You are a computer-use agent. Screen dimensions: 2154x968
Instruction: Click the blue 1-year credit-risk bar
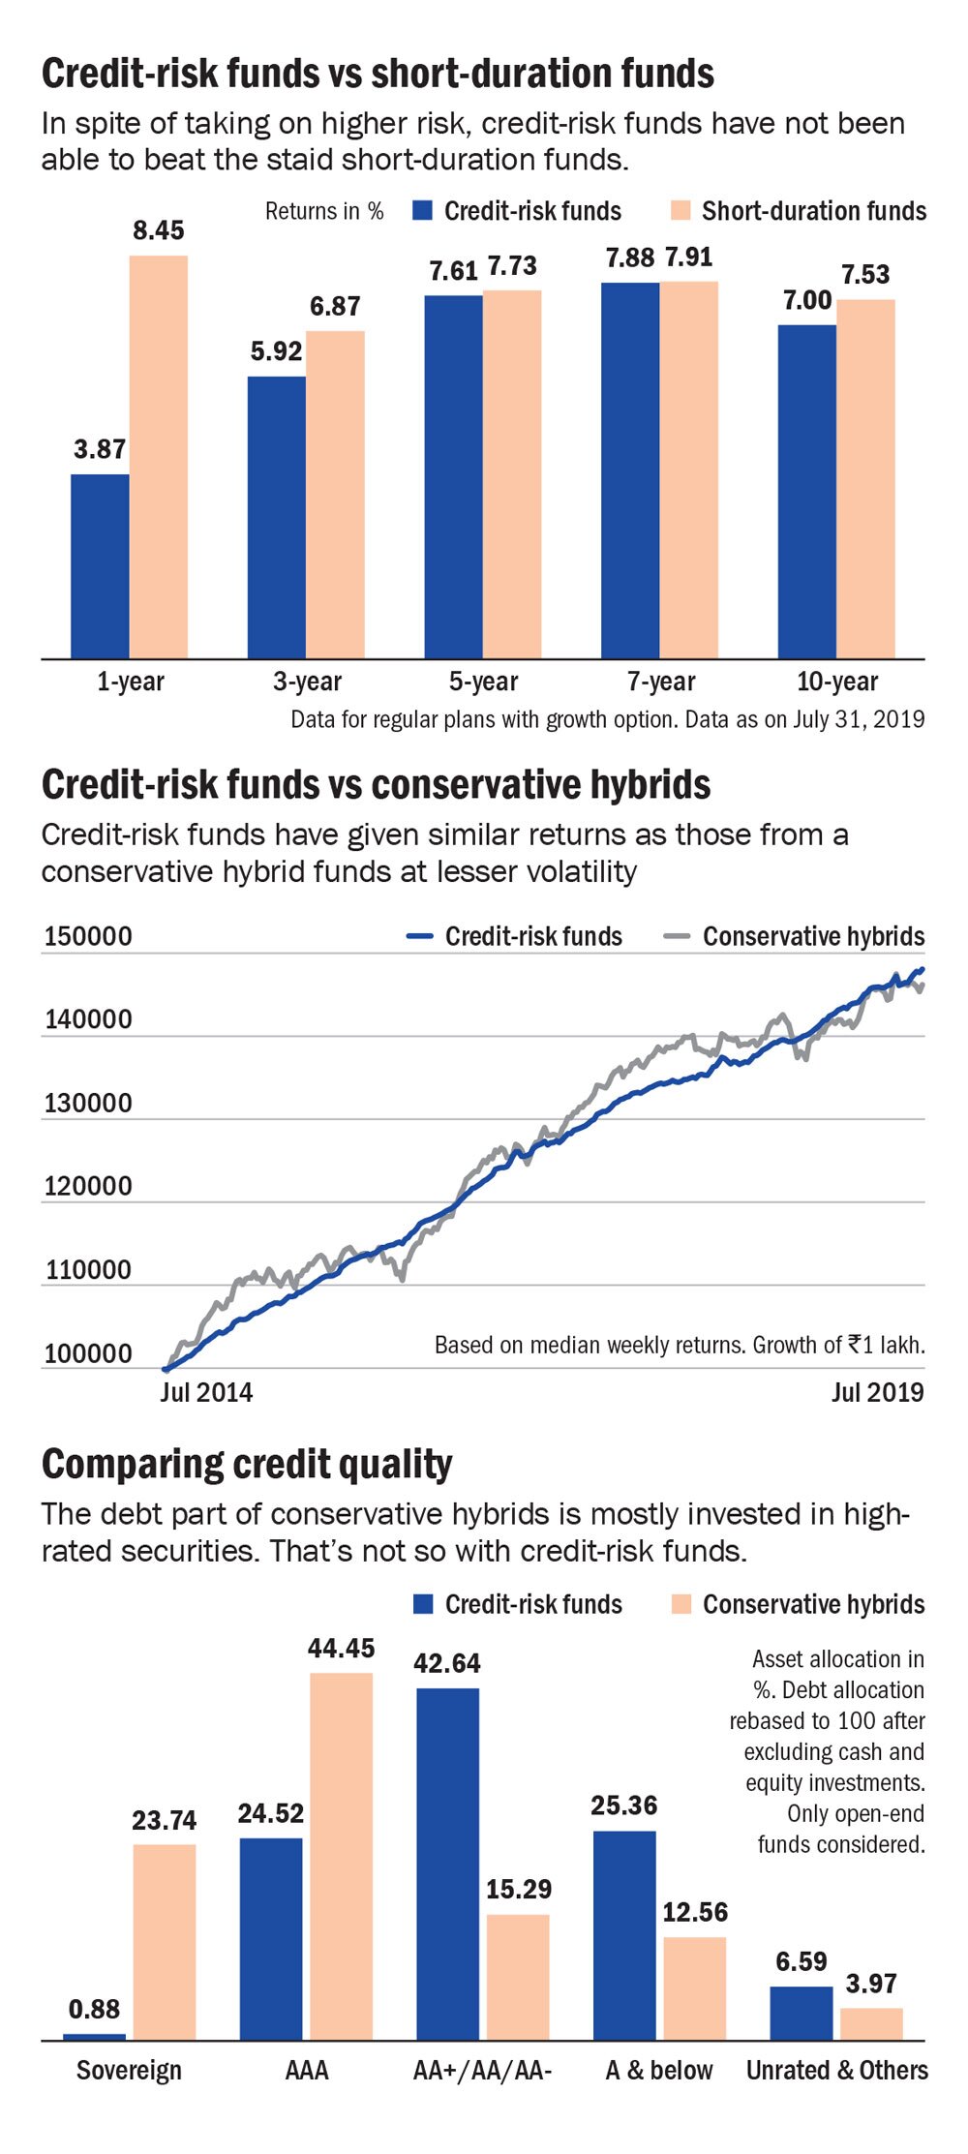click(x=100, y=566)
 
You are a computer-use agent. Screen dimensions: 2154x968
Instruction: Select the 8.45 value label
click(x=159, y=230)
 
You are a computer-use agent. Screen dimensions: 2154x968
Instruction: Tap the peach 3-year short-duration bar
click(x=335, y=494)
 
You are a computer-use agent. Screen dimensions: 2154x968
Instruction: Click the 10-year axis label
click(x=836, y=682)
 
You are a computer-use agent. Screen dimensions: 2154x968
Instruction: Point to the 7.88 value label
click(x=630, y=258)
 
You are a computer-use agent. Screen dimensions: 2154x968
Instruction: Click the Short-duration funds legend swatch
click(x=681, y=211)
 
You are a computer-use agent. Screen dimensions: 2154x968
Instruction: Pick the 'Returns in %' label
click(x=324, y=211)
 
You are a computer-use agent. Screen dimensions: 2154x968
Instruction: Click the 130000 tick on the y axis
click(x=88, y=1103)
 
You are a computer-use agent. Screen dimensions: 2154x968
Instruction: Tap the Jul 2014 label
click(x=206, y=1392)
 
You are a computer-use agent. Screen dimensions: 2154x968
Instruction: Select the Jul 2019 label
click(x=877, y=1392)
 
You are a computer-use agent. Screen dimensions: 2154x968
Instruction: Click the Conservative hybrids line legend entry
click(x=794, y=936)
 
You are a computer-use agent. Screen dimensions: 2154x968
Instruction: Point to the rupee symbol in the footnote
click(x=855, y=1344)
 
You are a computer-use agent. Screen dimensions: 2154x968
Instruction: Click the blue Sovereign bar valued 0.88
click(x=94, y=2037)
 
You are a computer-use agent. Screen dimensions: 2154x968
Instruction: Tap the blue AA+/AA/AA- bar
click(x=447, y=1864)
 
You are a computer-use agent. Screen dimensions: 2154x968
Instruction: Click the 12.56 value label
click(x=695, y=1912)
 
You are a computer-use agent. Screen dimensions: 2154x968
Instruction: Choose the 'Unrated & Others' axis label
click(x=836, y=2071)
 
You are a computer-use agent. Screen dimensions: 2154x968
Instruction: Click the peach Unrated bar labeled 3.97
click(x=871, y=2024)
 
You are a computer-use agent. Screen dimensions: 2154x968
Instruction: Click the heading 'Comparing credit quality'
click(x=247, y=1464)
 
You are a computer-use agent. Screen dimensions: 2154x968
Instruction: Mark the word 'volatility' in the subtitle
click(x=581, y=871)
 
